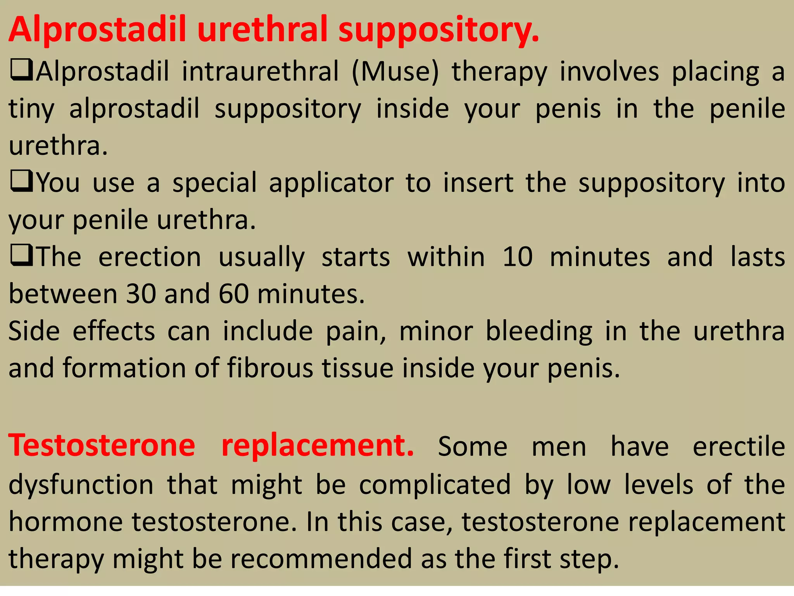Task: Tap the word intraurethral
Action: point(260,72)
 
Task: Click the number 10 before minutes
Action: point(518,257)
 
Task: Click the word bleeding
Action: point(539,331)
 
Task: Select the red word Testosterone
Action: point(102,445)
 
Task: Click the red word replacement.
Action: point(317,445)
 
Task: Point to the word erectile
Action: point(739,447)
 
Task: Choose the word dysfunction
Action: point(81,485)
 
